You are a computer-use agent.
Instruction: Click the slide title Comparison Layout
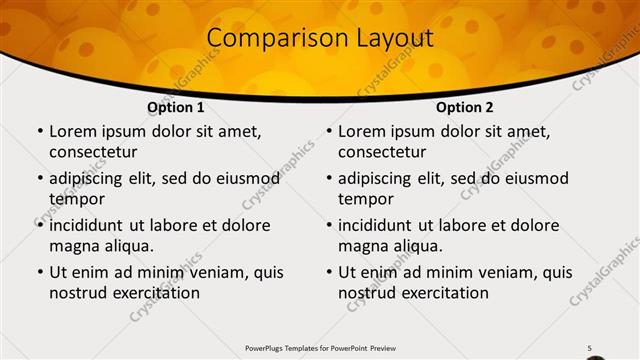[x=320, y=39]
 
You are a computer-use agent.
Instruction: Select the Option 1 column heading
[x=176, y=107]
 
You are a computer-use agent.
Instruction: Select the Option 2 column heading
[x=465, y=107]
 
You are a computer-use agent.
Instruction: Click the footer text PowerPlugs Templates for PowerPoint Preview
[x=320, y=347]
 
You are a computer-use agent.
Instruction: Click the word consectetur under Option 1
[x=93, y=152]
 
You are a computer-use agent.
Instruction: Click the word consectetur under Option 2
[x=382, y=152]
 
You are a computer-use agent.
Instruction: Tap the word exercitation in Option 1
[x=155, y=293]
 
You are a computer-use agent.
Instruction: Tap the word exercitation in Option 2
[x=444, y=293]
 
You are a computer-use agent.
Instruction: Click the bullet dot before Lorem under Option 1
[x=39, y=132]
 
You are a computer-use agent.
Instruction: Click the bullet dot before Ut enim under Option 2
[x=328, y=272]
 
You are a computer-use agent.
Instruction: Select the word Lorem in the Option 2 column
[x=361, y=131]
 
